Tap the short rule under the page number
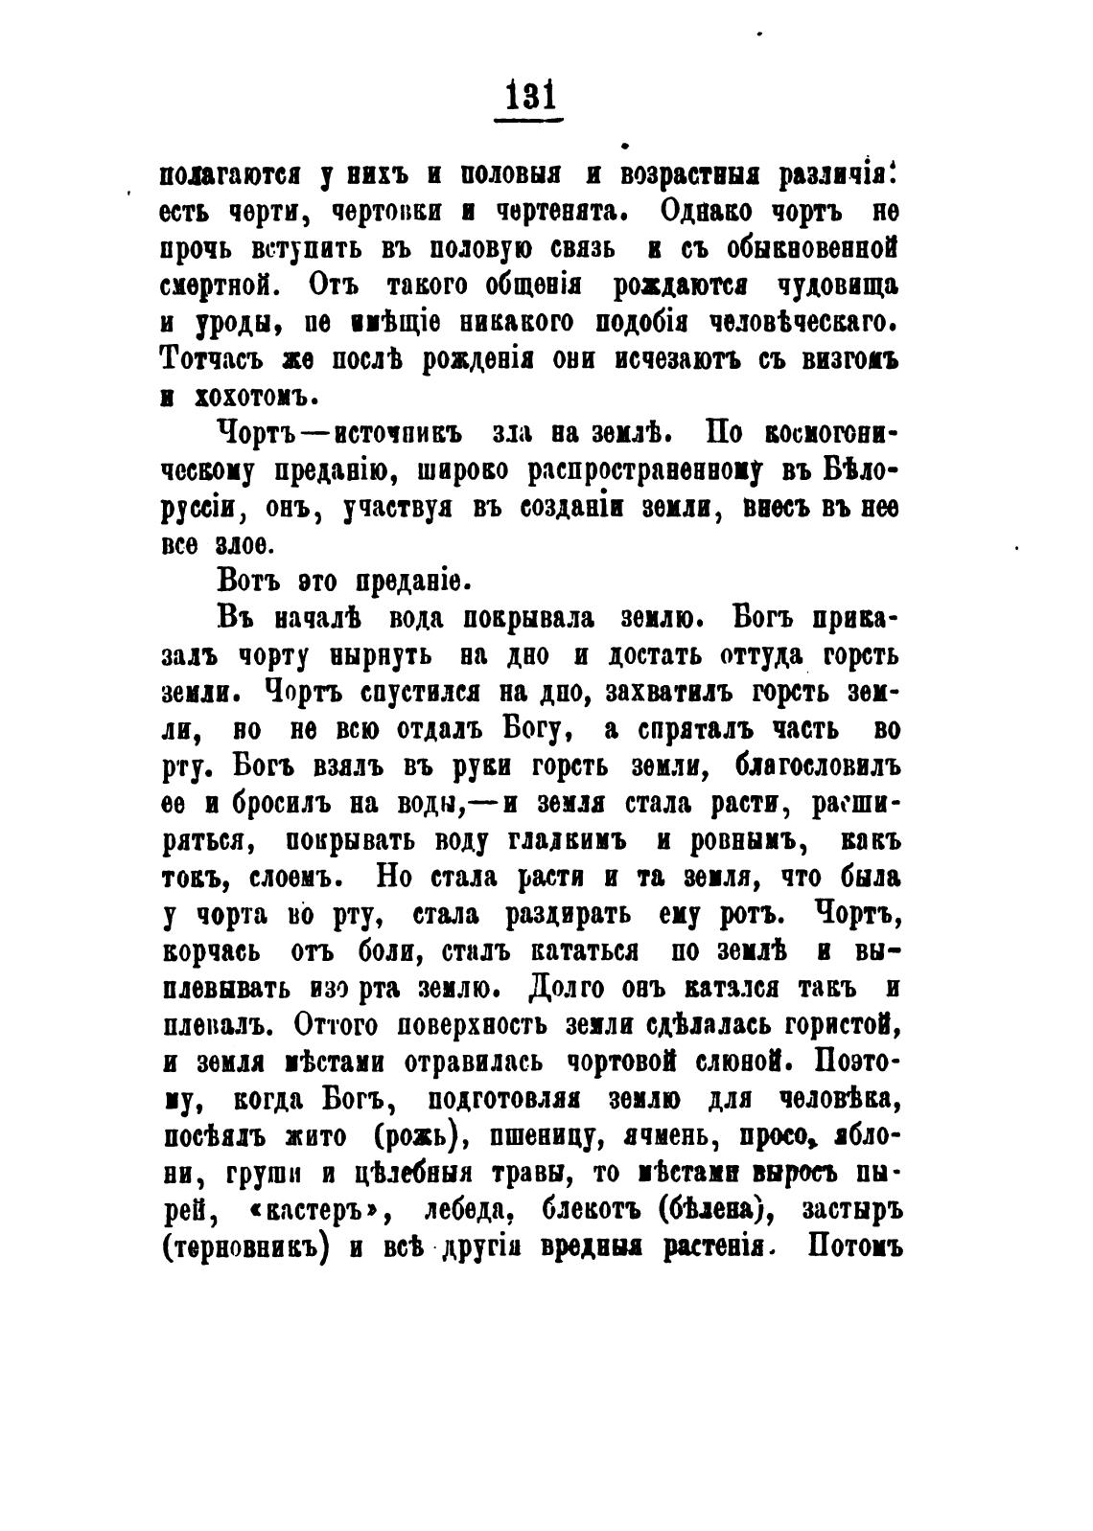click(x=528, y=120)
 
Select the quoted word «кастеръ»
click(x=317, y=1210)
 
